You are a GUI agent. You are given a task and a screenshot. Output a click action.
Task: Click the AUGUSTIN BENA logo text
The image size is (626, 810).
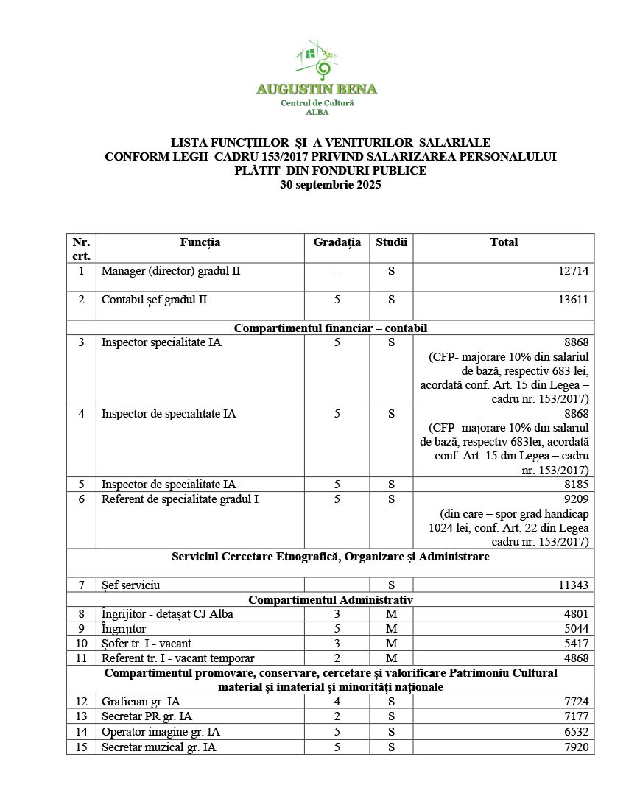click(x=316, y=90)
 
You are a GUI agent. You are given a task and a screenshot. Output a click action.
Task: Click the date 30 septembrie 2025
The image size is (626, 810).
click(x=330, y=185)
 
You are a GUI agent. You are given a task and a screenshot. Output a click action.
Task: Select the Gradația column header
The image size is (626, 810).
click(x=337, y=242)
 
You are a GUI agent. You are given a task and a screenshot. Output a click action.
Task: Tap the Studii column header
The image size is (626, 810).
click(x=390, y=242)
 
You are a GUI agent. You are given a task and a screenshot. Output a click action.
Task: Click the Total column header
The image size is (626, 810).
click(x=504, y=242)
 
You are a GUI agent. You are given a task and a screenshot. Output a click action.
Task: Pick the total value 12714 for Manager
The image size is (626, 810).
click(x=574, y=271)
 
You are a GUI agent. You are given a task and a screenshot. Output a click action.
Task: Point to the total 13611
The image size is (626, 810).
click(x=574, y=300)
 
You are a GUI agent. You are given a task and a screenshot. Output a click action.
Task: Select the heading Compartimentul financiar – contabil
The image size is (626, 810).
click(x=330, y=328)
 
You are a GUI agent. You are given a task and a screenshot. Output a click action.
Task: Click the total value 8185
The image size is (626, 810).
click(x=576, y=485)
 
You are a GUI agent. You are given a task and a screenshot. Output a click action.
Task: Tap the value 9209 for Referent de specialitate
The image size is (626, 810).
click(x=576, y=499)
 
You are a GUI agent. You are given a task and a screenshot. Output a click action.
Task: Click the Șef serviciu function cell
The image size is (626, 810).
click(x=131, y=585)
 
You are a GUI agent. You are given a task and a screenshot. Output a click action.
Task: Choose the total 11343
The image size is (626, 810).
click(x=574, y=585)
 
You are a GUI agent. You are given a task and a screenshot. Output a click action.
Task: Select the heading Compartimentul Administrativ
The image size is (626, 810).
click(x=330, y=600)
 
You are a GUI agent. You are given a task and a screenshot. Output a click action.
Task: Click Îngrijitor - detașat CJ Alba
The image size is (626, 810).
click(x=167, y=614)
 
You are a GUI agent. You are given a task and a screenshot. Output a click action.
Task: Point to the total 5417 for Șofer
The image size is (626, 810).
click(x=576, y=643)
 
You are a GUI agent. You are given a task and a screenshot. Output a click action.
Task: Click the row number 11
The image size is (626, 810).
click(x=81, y=658)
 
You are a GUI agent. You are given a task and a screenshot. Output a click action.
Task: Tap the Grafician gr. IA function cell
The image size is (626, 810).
click(x=141, y=701)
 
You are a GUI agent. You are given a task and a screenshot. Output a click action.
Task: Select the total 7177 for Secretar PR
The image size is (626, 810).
click(x=576, y=716)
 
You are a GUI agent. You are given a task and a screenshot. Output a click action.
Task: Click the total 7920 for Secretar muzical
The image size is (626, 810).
click(x=576, y=747)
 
